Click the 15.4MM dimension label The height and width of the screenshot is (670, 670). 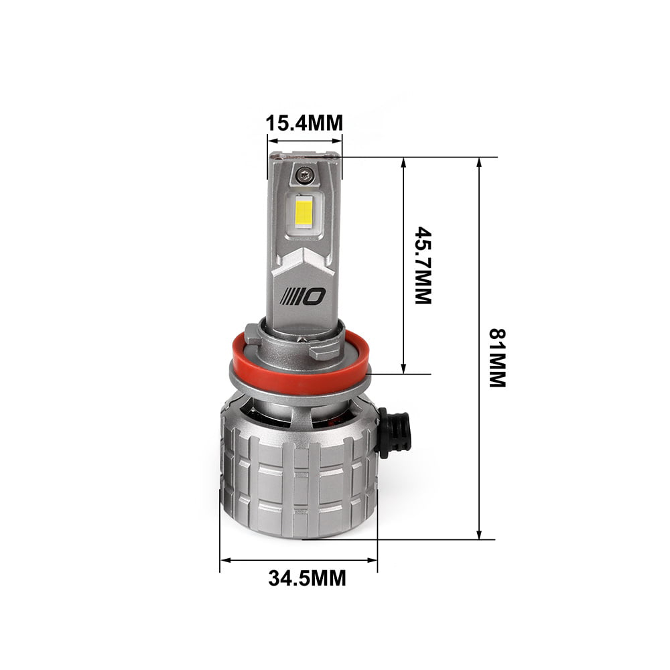304,123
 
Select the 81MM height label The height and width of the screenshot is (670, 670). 497,357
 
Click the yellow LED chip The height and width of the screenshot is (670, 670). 304,212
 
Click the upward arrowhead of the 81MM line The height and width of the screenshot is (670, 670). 479,163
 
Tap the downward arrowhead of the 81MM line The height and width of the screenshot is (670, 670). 479,534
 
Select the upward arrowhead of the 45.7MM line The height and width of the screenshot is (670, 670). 403,163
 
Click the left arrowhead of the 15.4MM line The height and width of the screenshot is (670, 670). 271,141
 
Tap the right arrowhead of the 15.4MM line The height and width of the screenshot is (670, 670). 338,141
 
